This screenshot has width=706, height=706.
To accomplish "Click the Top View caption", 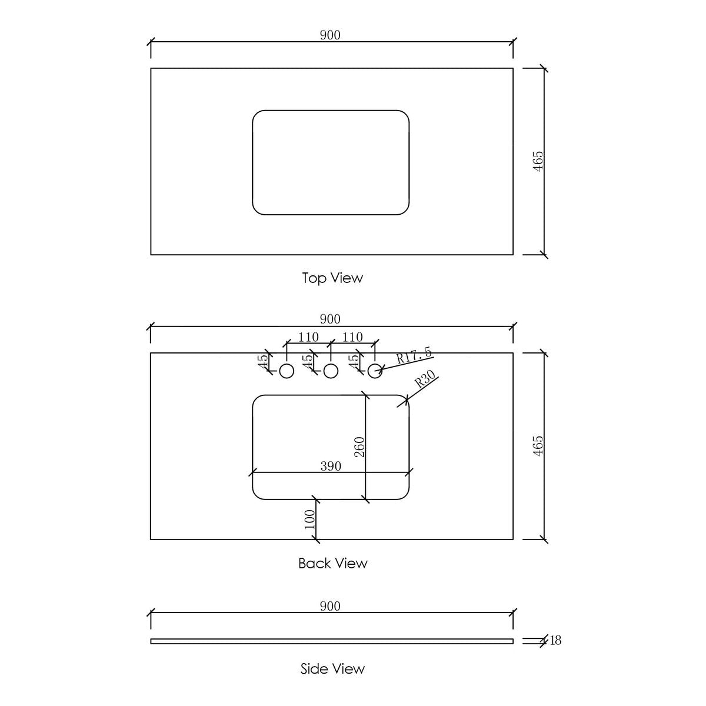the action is pos(332,278).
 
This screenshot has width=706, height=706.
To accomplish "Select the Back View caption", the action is pos(332,563).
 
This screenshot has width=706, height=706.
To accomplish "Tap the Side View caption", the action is pos(332,668).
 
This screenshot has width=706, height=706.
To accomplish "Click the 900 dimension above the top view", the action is pos(330,35).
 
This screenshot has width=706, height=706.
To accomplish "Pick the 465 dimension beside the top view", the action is pos(538,161).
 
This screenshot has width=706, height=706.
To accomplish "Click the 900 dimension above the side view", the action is pos(330,606).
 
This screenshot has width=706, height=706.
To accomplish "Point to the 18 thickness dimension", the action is pos(555,640).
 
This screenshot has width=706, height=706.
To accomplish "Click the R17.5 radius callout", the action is pos(414,355).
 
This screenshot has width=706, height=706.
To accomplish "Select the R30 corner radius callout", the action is pos(425,379).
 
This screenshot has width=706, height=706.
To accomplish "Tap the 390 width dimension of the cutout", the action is pos(331,466).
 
